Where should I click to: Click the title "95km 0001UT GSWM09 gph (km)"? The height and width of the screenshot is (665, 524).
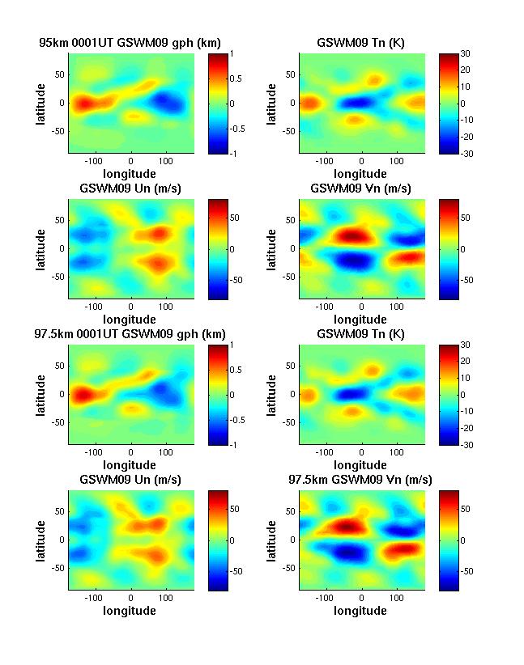click(130, 42)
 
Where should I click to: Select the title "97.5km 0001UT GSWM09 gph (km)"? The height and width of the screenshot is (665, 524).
click(130, 334)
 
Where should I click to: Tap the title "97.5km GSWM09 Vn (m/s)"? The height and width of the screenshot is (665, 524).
click(360, 480)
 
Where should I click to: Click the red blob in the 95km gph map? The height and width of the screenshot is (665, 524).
click(83, 104)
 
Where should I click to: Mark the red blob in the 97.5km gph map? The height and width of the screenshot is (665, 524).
click(83, 396)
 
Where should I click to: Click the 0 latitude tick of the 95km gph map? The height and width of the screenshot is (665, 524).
click(62, 104)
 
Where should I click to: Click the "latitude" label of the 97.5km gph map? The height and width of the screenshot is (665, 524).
click(40, 395)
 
